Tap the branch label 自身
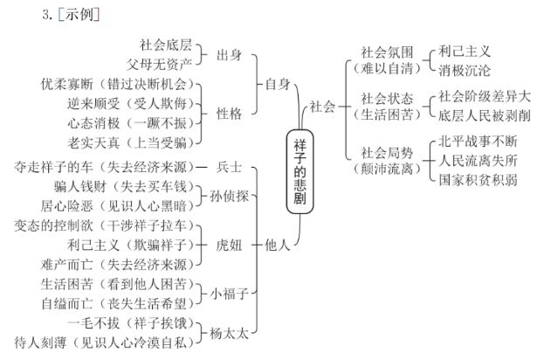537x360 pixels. point(277,85)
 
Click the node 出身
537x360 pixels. point(229,55)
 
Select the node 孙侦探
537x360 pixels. point(229,197)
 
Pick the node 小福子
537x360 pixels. point(229,294)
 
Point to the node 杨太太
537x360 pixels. point(229,333)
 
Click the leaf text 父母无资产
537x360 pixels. point(170,64)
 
